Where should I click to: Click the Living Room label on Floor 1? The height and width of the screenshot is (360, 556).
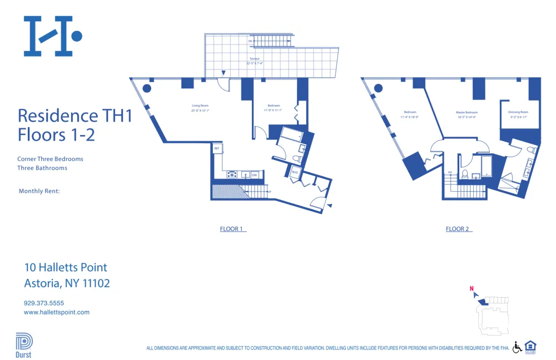pos(200,106)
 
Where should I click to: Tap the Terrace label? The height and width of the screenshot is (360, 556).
pos(254,59)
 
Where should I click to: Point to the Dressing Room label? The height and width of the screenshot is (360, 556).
pos(518,112)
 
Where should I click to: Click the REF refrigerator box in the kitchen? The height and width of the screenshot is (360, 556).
pos(217,148)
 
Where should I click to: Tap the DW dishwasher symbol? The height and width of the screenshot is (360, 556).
pos(254,175)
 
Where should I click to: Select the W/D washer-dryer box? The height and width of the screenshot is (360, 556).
pos(295,172)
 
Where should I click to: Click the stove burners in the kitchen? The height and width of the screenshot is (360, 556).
pos(232,175)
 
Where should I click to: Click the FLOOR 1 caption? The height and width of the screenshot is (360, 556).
pos(232,229)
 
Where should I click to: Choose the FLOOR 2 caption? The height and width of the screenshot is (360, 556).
pos(458,229)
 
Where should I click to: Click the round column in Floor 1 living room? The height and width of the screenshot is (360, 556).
pos(147,88)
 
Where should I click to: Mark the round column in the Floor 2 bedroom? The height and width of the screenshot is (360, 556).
pos(379,88)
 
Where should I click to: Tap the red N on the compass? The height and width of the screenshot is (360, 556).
pos(471,288)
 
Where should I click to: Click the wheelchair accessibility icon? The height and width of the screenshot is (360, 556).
pos(517,347)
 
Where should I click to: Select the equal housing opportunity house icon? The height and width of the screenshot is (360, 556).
pos(530,346)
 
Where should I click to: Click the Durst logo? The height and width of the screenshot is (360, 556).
pos(24,345)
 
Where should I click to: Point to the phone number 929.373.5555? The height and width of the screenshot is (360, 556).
pos(44,303)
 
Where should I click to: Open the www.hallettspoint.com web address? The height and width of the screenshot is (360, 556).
pos(57,312)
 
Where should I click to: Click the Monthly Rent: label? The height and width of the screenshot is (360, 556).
pos(39,191)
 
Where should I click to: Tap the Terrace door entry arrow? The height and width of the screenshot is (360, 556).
pos(224,73)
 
